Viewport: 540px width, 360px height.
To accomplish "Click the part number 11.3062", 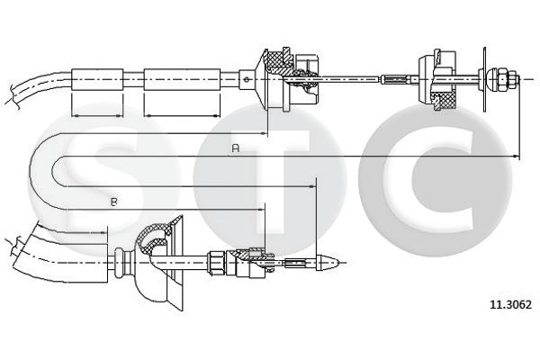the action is pos(510,304).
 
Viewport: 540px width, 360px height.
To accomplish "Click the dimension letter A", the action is pos(236,148).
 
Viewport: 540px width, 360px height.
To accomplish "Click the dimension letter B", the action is pos(114,202).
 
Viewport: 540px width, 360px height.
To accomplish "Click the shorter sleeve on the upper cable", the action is pos(97,79).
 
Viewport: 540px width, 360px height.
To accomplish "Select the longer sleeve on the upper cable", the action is pos(182,79).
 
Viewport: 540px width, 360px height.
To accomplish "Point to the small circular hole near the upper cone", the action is pos(246,79).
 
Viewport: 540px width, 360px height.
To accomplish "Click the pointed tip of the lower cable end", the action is pos(337,263).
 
